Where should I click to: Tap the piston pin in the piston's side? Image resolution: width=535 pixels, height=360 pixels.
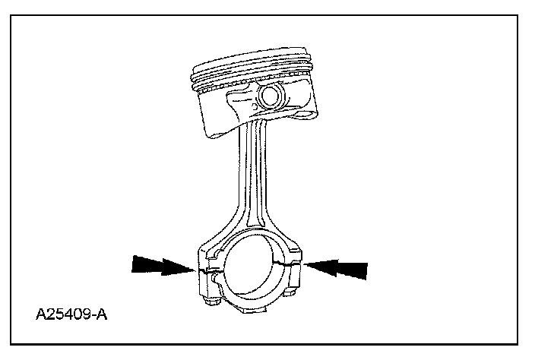pyautogui.click(x=269, y=96)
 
